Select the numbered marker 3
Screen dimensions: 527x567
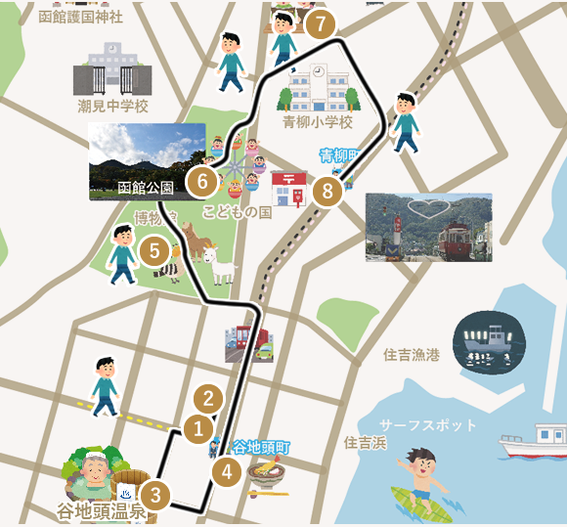(x=155, y=495)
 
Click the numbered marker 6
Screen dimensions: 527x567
(x=202, y=181)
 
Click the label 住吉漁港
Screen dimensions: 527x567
(x=412, y=355)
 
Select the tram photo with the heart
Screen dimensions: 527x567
(x=428, y=227)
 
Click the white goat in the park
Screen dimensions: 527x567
(x=220, y=265)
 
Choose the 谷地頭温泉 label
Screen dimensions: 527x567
(x=101, y=511)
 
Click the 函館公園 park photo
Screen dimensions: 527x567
(x=147, y=161)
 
